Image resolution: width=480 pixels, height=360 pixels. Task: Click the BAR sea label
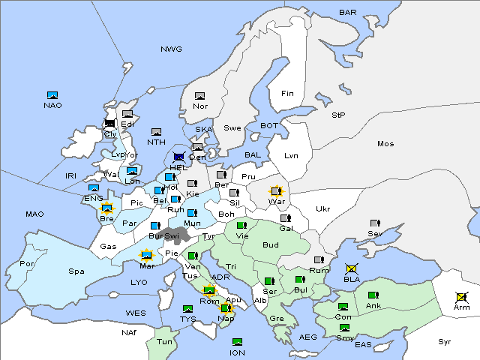[347, 13]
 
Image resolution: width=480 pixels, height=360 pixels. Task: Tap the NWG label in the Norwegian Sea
[171, 49]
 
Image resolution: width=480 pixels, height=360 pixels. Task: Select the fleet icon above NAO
[52, 95]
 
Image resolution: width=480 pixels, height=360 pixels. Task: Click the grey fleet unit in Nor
[199, 96]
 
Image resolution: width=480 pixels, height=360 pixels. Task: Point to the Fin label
[287, 94]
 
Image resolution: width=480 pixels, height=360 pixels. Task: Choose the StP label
[338, 115]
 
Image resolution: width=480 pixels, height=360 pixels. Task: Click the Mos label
[385, 143]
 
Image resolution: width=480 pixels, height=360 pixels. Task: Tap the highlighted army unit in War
[277, 192]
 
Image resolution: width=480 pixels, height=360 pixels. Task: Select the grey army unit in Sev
[375, 223]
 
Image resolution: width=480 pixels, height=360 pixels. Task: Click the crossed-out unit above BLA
[351, 268]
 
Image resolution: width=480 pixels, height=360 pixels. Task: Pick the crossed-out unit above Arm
[460, 297]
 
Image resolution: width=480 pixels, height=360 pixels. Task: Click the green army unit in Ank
[373, 295]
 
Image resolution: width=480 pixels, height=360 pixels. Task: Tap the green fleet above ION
[237, 342]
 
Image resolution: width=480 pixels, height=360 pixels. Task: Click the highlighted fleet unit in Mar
[147, 255]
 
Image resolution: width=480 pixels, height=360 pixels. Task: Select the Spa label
[76, 271]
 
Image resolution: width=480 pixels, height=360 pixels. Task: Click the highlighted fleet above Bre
[106, 208]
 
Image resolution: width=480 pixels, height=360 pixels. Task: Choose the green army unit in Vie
[241, 224]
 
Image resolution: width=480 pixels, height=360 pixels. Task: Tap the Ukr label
[322, 209]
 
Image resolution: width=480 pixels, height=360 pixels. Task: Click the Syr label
[445, 341]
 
